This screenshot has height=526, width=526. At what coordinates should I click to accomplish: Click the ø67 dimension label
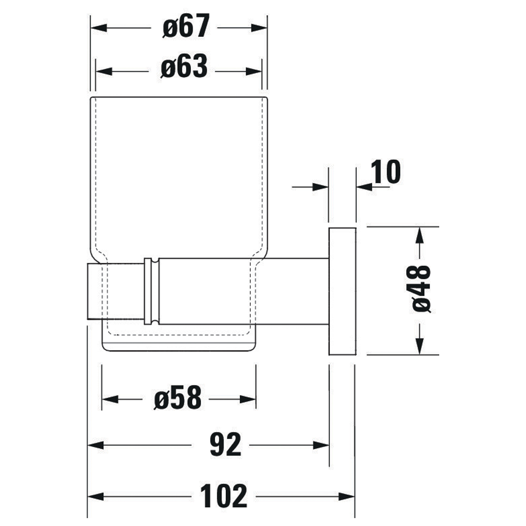click(186, 26)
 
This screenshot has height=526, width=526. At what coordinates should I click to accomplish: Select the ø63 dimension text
click(184, 66)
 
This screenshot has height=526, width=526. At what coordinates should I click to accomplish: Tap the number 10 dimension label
click(386, 172)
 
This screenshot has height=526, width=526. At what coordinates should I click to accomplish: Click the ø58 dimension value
click(178, 398)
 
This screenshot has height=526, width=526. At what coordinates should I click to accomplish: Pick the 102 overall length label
click(224, 496)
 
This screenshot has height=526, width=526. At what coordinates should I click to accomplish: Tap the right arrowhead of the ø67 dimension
click(259, 28)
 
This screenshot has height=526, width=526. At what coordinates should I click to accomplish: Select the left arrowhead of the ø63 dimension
click(104, 72)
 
